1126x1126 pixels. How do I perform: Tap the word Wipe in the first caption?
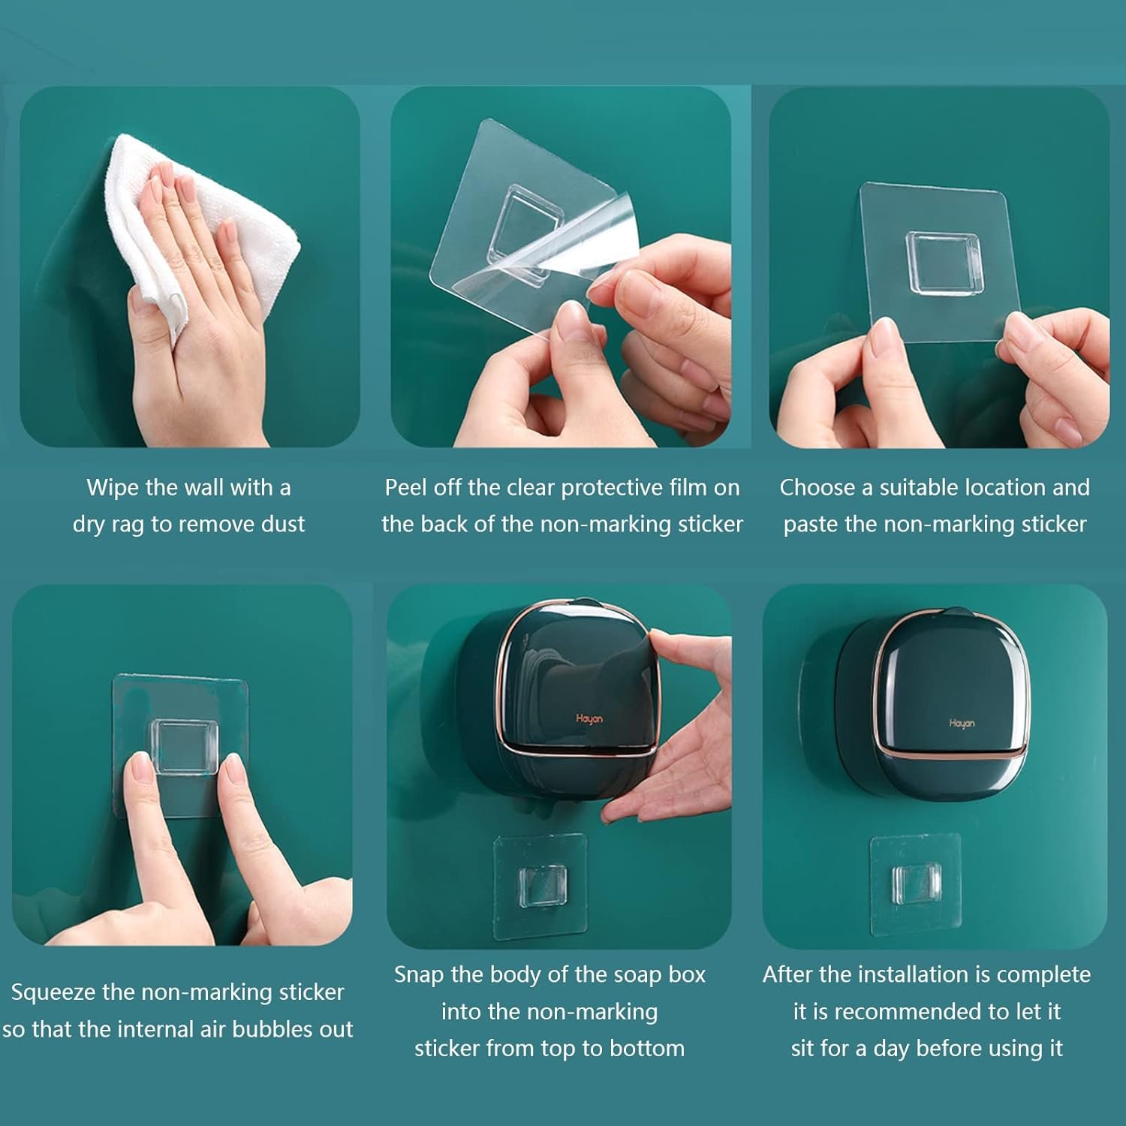click(113, 488)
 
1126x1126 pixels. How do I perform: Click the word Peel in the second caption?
click(405, 488)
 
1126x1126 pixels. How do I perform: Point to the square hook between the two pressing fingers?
click(185, 746)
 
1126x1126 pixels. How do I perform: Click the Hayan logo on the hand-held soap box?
click(589, 719)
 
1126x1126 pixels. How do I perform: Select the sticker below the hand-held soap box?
click(540, 886)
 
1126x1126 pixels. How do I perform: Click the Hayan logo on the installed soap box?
click(962, 723)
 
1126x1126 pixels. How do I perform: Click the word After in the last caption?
click(788, 974)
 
